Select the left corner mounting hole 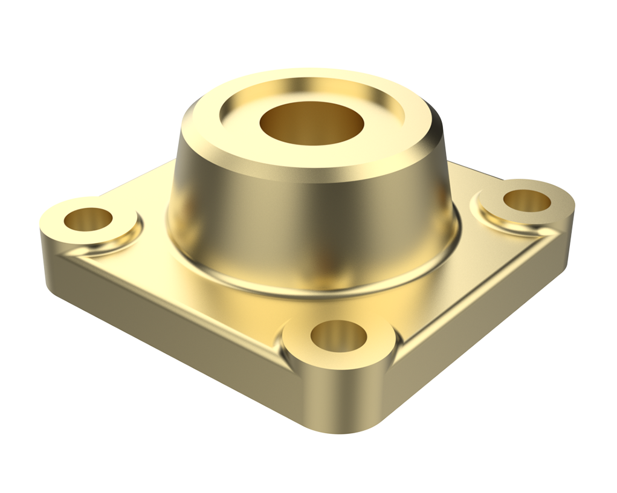[88, 219]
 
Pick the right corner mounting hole [527, 201]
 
